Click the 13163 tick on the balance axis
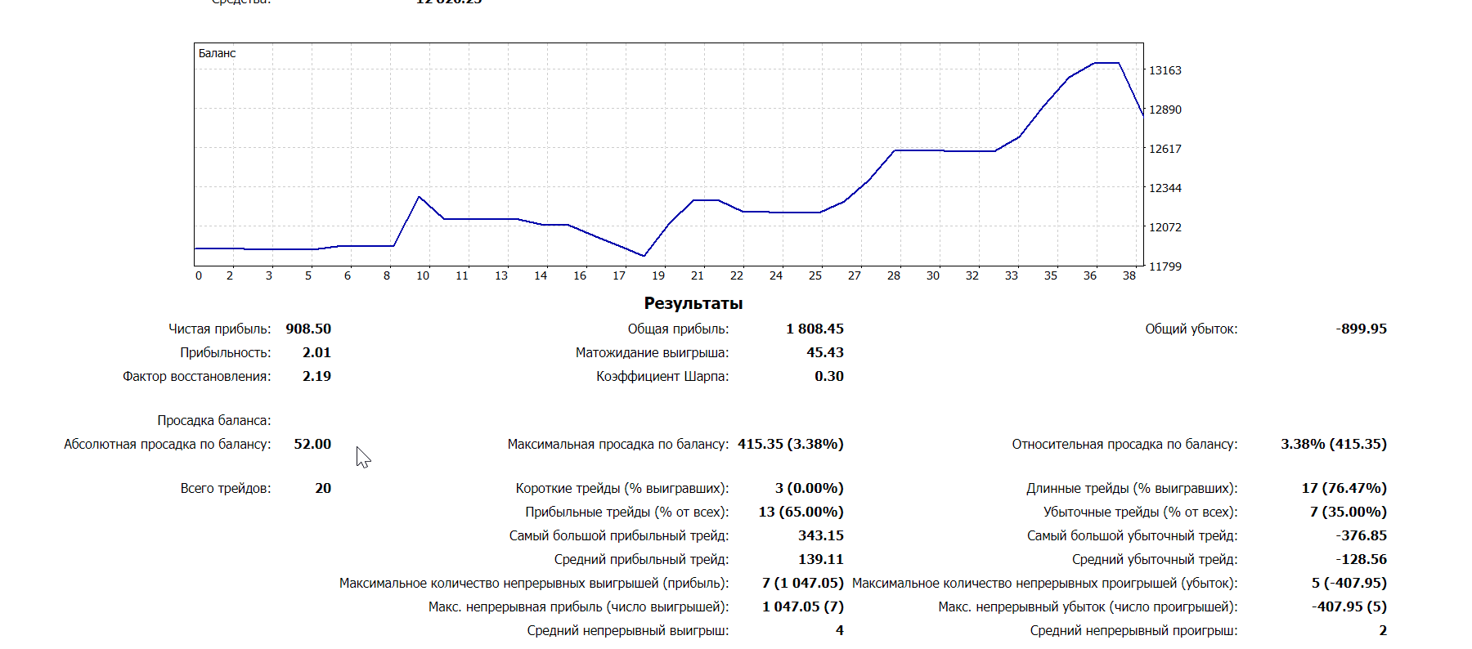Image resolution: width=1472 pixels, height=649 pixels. coord(1165,70)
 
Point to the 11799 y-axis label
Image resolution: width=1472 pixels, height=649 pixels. coord(1165,266)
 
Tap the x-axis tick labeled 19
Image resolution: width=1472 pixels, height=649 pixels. coord(658,275)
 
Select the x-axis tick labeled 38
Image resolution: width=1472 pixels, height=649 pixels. coord(1129,275)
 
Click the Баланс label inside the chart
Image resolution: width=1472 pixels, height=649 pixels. coord(217,53)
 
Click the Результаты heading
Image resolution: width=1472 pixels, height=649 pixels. coord(693,303)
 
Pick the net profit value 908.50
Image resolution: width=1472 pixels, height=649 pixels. coord(308,329)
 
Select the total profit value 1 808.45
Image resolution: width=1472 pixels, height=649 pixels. coord(815,329)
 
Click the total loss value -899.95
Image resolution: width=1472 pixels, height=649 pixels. coord(1361,329)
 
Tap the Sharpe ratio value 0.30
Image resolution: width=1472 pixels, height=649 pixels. coord(828,376)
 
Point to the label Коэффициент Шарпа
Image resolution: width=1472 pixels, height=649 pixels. coord(662,376)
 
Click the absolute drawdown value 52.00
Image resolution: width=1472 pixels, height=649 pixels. coord(312,444)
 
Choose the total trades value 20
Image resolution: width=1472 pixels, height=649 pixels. coord(323,488)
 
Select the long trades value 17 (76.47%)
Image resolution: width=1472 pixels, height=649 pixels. coord(1344,488)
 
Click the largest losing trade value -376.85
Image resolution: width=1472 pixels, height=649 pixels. coord(1361,535)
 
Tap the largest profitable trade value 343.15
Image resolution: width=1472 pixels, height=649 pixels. coord(820,535)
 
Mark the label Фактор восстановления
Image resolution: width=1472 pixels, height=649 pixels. coord(196,376)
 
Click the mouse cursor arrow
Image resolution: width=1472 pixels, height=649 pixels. coord(362,456)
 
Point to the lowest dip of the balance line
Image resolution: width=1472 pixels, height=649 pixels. coord(644,256)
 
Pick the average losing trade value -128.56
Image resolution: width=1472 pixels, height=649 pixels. coord(1361,559)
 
